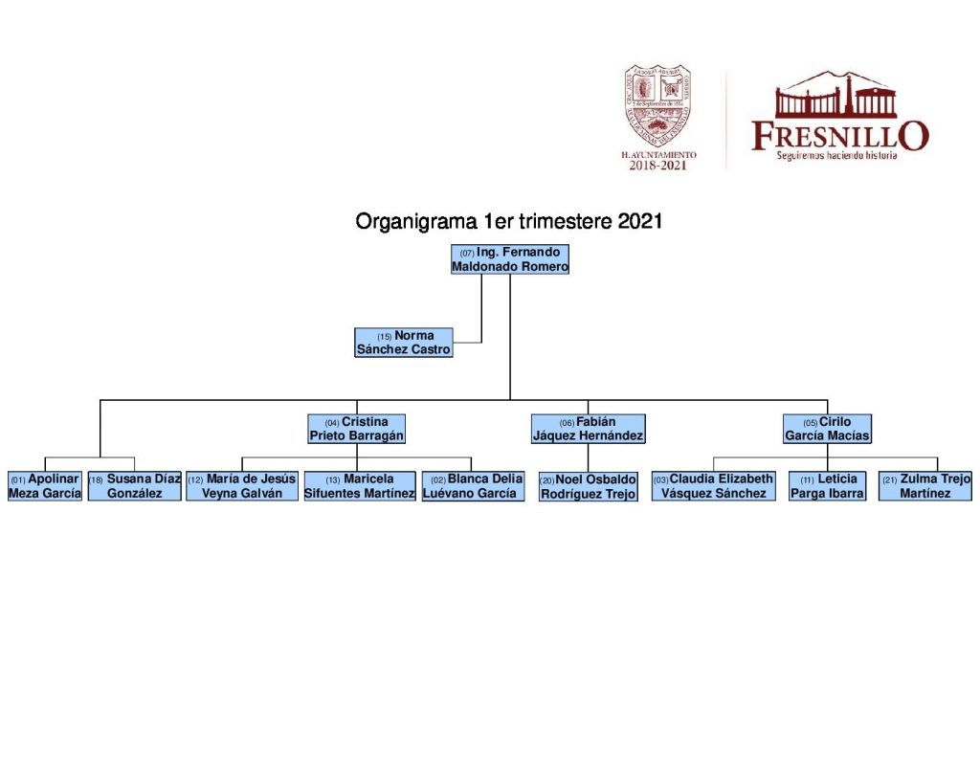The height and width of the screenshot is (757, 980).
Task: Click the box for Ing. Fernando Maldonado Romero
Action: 510,259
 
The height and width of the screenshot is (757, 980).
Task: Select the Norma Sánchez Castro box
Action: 403,343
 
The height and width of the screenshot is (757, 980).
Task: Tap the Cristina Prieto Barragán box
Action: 357,429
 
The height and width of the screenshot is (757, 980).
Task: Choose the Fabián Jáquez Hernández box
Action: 589,429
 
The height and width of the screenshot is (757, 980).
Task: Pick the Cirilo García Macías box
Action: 827,429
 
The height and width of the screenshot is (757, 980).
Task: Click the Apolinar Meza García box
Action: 45,486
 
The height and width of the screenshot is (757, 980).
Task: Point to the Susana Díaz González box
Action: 135,486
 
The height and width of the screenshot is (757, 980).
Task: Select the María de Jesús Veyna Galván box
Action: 242,486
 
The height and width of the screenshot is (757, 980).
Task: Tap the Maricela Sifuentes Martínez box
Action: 360,486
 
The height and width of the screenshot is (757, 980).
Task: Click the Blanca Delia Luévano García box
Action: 473,486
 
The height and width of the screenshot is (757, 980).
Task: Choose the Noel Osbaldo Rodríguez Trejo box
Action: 589,487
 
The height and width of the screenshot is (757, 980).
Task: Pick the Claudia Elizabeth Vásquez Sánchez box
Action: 713,486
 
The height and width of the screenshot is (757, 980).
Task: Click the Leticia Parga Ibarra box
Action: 827,486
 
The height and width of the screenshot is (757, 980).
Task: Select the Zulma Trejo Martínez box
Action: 925,486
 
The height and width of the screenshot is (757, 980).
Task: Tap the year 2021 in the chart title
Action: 640,222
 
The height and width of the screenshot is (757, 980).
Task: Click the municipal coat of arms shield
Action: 658,105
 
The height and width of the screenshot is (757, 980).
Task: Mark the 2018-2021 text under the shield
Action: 658,166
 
